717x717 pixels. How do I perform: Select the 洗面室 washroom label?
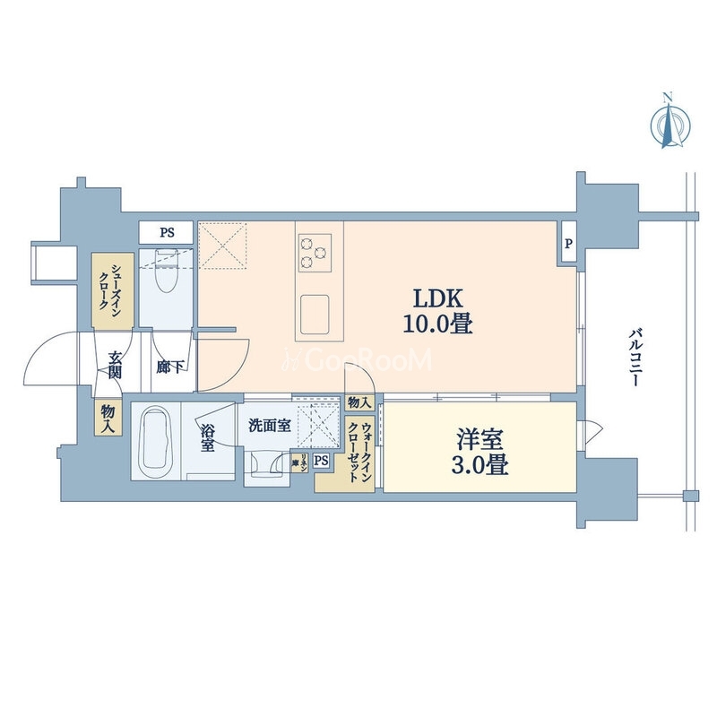(x=269, y=427)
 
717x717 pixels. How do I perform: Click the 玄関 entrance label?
(x=116, y=365)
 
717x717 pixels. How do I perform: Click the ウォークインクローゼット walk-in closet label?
(x=359, y=454)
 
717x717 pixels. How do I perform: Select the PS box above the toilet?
(x=167, y=233)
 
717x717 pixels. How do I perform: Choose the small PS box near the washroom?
(x=322, y=462)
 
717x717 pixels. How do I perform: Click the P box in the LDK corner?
(x=568, y=243)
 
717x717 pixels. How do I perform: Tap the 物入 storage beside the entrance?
(x=108, y=417)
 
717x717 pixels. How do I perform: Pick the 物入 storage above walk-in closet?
(x=357, y=403)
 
